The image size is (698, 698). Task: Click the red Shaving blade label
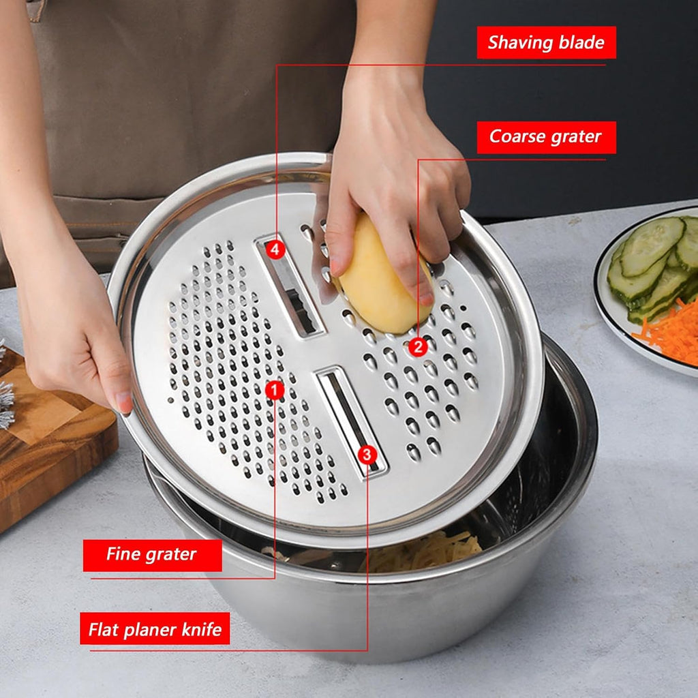pos(546,43)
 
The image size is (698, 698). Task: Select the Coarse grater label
pos(546,137)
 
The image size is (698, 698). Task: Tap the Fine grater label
pos(153,555)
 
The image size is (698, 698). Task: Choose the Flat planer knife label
pos(155,628)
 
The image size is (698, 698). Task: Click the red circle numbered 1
pos(275,390)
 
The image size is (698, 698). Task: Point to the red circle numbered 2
pos(419,347)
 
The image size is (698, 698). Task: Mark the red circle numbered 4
pos(275,249)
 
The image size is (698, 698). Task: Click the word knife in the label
pos(200,629)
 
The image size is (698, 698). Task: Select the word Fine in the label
pos(123,555)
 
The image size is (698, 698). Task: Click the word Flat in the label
pos(104,629)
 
